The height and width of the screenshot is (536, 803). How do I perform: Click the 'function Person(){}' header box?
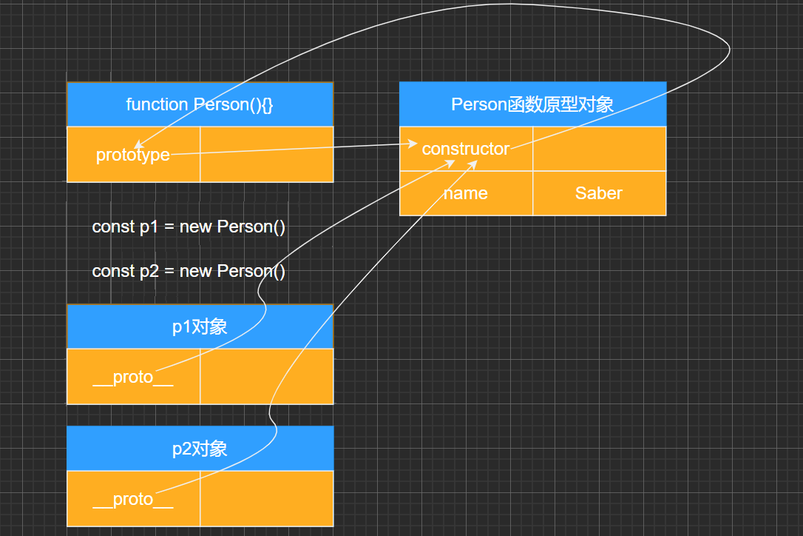[200, 104]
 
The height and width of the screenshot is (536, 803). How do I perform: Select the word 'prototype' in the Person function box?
[133, 155]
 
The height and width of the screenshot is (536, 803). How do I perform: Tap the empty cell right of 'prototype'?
[266, 154]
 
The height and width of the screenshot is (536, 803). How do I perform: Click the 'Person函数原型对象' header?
[532, 104]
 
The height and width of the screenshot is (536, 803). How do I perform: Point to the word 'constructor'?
[465, 149]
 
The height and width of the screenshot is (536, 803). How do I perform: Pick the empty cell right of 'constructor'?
[599, 149]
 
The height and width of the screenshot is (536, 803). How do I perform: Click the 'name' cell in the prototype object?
[465, 193]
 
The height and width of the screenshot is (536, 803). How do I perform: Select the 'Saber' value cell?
[599, 193]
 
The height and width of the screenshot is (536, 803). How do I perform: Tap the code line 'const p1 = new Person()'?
[189, 227]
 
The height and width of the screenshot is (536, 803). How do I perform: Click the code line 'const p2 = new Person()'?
[189, 271]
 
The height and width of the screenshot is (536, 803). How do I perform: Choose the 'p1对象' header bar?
[200, 326]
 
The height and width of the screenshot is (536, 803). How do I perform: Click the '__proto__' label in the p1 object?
[133, 377]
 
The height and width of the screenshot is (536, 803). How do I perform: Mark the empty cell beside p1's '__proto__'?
[266, 376]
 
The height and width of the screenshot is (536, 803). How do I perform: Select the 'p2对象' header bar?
[200, 449]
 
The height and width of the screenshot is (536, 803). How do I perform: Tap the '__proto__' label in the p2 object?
[133, 499]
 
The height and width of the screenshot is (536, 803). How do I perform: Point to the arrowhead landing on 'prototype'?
[138, 145]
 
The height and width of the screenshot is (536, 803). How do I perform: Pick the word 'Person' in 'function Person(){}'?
[220, 104]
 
